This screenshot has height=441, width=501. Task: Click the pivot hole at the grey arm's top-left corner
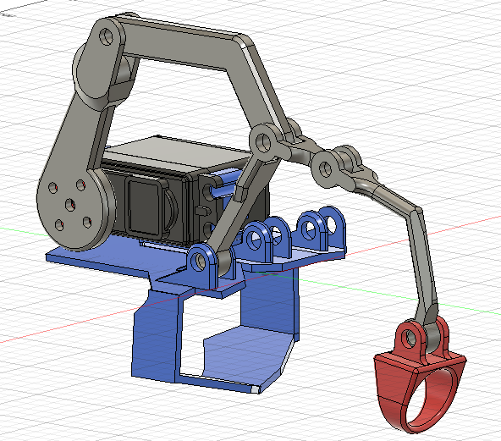(x=106, y=36)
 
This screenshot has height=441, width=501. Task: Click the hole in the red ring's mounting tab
(x=410, y=339)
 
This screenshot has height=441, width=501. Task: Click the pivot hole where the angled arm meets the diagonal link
(x=263, y=138)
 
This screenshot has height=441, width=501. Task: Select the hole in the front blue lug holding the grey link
(x=201, y=260)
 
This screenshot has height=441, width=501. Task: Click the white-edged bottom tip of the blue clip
(x=255, y=389)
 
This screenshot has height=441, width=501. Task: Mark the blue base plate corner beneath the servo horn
(x=59, y=255)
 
